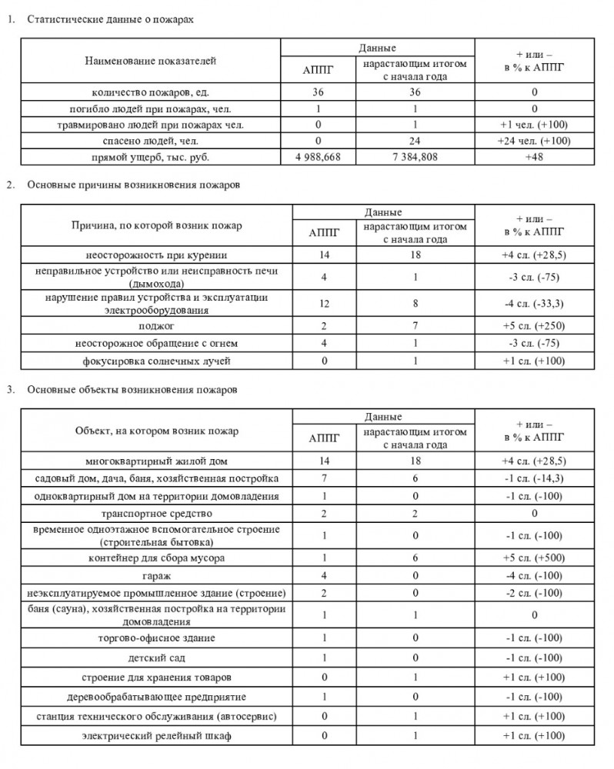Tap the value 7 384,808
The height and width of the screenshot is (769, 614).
[414, 157]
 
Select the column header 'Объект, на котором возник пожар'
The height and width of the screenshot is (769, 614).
[156, 431]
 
